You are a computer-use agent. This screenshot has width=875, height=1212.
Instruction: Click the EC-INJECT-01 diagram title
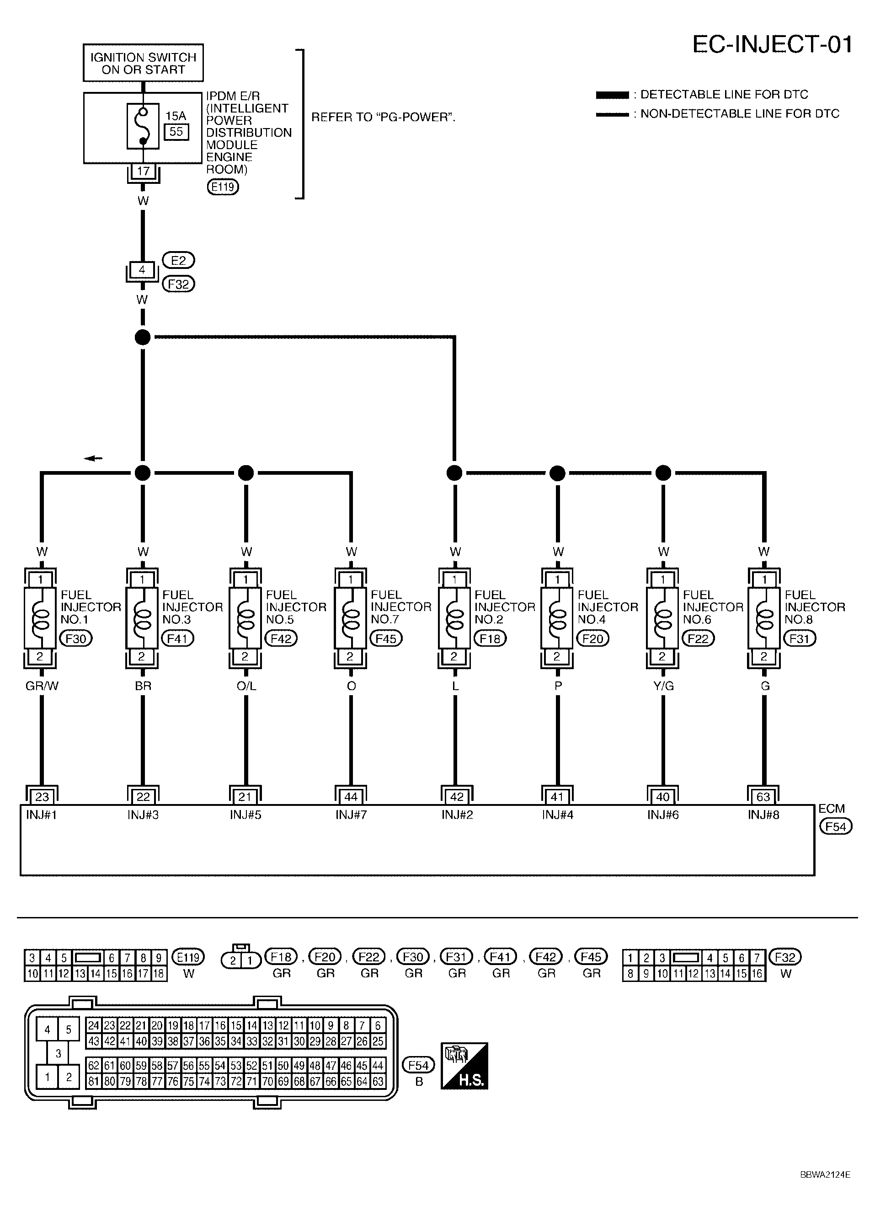(771, 44)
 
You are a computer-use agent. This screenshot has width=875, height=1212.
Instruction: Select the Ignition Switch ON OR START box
(143, 63)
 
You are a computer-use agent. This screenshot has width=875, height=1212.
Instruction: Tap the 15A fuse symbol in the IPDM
(143, 126)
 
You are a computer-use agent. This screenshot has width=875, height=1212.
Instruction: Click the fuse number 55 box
(176, 131)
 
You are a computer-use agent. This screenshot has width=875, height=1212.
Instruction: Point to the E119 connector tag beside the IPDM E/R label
(223, 187)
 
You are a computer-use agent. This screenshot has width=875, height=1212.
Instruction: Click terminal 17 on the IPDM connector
(143, 172)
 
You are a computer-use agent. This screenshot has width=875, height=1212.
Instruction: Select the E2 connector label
(178, 260)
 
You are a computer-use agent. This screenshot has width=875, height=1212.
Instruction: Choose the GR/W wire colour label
(42, 686)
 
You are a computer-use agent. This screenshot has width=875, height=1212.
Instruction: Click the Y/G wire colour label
(663, 686)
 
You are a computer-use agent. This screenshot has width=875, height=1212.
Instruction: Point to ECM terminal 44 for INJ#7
(351, 797)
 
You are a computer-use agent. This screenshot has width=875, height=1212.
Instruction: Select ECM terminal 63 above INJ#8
(763, 797)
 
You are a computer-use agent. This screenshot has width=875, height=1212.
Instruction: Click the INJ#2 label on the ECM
(456, 815)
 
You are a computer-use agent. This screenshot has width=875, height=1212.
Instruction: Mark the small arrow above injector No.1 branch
(93, 458)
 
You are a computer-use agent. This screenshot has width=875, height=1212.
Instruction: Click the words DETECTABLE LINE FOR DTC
(724, 95)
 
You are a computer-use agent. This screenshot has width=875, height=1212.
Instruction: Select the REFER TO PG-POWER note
(383, 118)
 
